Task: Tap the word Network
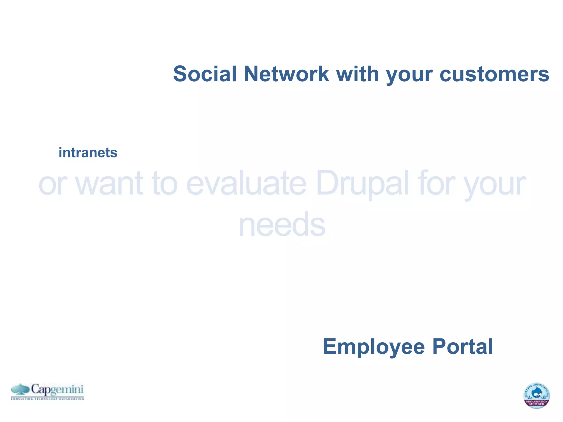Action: click(x=286, y=74)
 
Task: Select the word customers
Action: click(x=494, y=74)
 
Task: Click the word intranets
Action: click(x=88, y=153)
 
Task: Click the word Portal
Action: click(x=463, y=347)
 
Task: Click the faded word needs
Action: click(x=282, y=225)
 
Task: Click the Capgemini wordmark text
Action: click(x=57, y=390)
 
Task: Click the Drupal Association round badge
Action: click(x=536, y=395)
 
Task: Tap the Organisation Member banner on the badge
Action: click(x=537, y=403)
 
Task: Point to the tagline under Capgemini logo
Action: click(x=47, y=398)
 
